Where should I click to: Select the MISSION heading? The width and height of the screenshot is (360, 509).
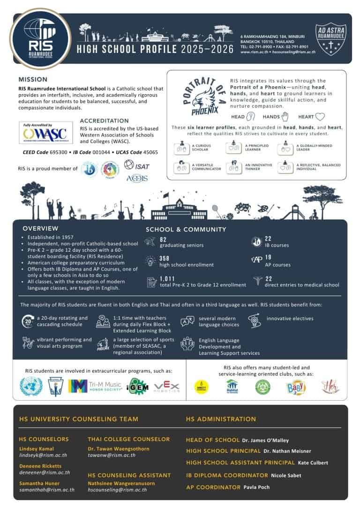coord(33,80)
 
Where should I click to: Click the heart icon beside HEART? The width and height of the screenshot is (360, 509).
coord(320,117)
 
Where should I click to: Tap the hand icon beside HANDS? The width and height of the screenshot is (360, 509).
coord(284,117)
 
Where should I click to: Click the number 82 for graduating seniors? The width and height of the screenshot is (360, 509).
coord(164,239)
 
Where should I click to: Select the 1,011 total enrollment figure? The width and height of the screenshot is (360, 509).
coord(167,278)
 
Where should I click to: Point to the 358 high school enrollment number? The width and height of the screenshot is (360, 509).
coord(165,259)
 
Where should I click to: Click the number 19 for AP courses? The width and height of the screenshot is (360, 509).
coord(269,257)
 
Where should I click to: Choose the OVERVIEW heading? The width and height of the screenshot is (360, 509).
coord(41,229)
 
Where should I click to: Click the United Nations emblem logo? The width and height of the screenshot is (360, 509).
coord(31,386)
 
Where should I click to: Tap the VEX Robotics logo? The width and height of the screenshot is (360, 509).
coord(167,386)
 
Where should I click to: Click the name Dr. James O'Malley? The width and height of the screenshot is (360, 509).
coord(266,441)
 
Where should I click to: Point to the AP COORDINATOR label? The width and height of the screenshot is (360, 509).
coord(213,487)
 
